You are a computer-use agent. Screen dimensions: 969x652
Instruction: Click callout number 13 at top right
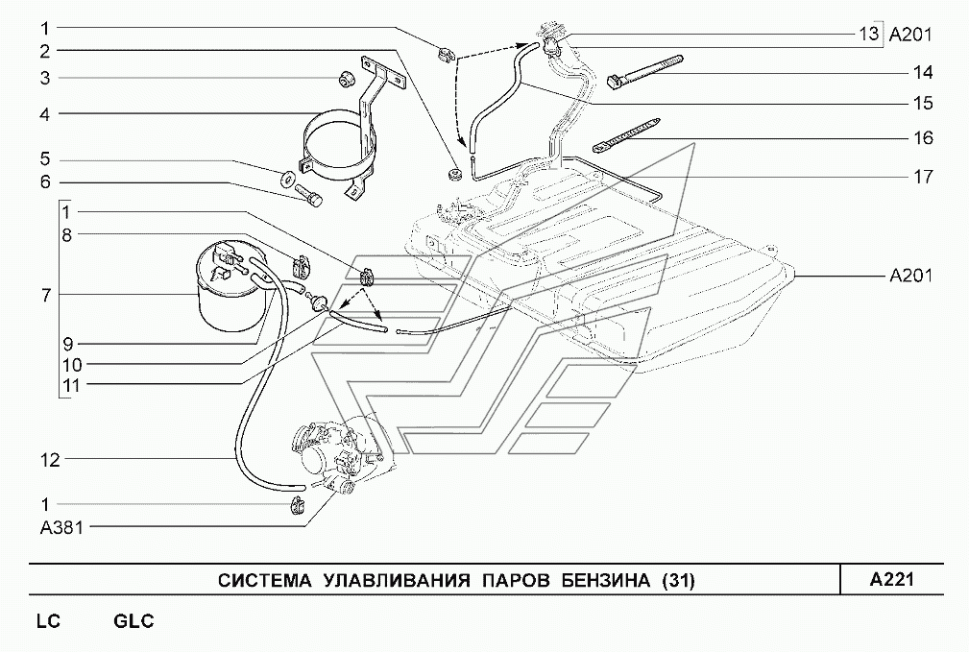(868, 33)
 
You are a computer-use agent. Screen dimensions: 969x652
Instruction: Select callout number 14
(923, 72)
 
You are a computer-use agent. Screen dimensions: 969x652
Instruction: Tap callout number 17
(923, 177)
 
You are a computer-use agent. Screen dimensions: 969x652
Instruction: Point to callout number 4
(44, 113)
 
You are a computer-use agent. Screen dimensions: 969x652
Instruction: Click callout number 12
(51, 459)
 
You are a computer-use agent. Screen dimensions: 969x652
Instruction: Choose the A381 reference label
(61, 528)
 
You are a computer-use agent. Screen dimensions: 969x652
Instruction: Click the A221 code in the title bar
(891, 579)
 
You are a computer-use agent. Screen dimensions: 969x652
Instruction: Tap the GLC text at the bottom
(133, 620)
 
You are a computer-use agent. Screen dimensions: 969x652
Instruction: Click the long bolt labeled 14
(645, 72)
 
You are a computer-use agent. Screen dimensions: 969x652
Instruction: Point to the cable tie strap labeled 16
(625, 134)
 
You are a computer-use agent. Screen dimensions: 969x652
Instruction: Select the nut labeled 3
(344, 79)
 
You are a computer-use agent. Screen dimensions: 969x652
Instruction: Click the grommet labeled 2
(454, 173)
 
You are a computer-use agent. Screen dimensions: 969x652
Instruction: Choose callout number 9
(67, 344)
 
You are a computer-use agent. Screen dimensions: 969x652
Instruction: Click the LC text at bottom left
(48, 620)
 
